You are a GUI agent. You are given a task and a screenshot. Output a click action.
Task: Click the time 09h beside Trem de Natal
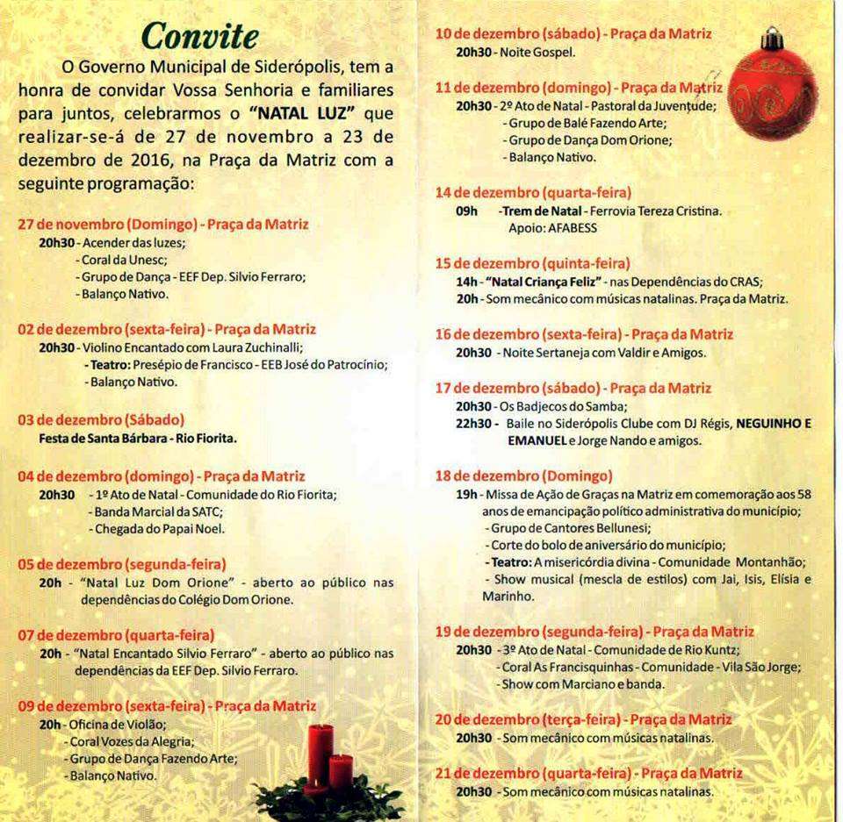click(x=466, y=211)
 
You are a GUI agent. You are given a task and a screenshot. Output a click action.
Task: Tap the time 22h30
click(x=473, y=423)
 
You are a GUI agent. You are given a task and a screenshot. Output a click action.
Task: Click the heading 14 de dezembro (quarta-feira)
click(x=533, y=191)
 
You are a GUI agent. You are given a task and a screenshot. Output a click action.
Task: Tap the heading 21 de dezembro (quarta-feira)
click(x=588, y=773)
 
